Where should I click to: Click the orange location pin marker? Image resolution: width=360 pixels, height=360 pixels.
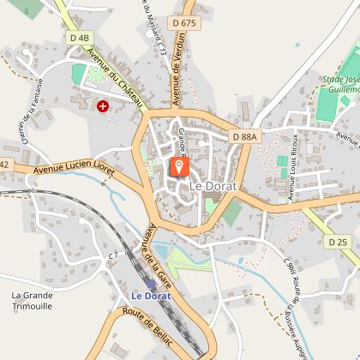(x=180, y=165)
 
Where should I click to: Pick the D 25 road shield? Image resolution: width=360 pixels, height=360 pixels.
(x=338, y=243)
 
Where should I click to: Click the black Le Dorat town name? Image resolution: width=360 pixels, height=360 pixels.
(x=207, y=185)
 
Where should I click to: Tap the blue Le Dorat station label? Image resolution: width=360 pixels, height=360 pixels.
(x=151, y=296)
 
